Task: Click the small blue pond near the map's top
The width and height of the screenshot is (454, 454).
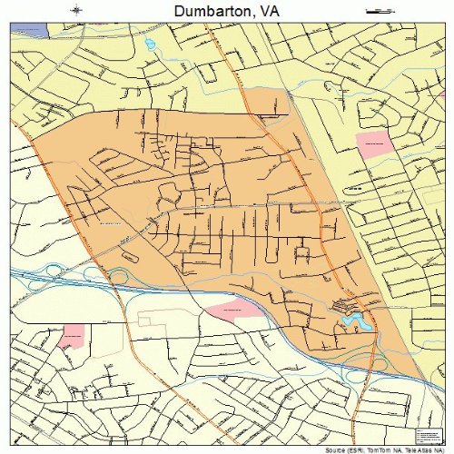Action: (x=149, y=43)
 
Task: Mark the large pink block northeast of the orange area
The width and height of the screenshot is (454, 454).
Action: (x=371, y=143)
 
